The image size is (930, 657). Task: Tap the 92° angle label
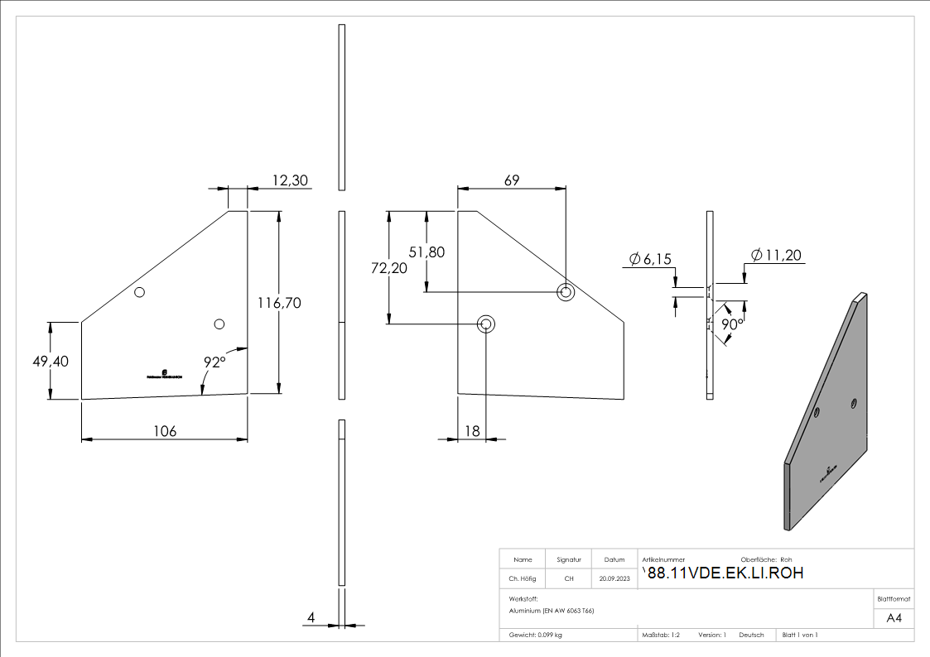[x=214, y=362]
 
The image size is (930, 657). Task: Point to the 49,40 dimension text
[x=51, y=362]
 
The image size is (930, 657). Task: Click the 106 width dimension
[x=165, y=431]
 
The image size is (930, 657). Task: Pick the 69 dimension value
[x=512, y=180]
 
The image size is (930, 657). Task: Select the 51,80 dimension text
[x=426, y=252]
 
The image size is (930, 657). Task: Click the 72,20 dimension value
[x=388, y=268]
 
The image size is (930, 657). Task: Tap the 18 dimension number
[x=472, y=431]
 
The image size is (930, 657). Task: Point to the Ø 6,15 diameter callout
[x=650, y=260]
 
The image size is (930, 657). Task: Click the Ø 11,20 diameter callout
[x=775, y=255]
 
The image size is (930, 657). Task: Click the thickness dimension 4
[x=311, y=617]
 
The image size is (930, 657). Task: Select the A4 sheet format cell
[x=894, y=618]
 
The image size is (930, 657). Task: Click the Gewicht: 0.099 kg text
[x=536, y=635]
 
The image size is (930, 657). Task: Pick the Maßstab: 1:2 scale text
[x=661, y=635]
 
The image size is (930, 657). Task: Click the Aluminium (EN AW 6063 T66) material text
[x=552, y=611]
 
